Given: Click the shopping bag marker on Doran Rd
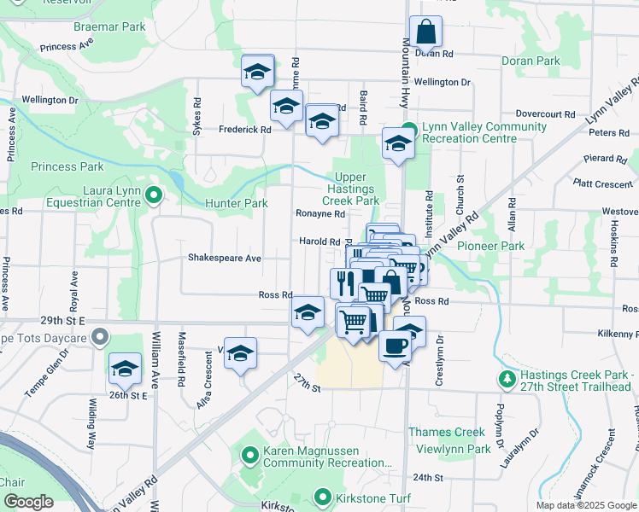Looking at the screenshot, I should [425, 32].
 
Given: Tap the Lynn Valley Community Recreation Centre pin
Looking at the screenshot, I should [409, 130].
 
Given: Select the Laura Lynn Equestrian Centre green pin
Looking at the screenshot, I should [153, 196].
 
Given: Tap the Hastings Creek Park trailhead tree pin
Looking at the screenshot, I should [507, 377].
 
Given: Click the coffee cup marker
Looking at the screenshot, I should [394, 346].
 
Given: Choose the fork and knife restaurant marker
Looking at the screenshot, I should [345, 283].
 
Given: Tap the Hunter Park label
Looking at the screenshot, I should [237, 203].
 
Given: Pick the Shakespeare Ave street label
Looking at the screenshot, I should [225, 258].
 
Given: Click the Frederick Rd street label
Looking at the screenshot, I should [244, 130].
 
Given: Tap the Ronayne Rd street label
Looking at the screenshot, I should [319, 214].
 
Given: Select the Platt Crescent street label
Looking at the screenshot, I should [595, 183].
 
